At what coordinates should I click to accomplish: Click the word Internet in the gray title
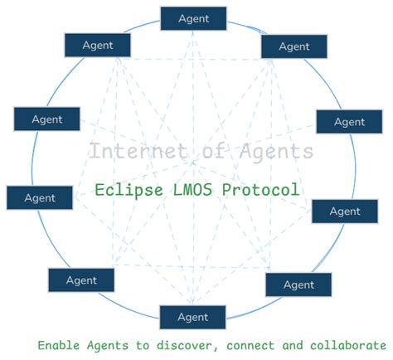point(126,152)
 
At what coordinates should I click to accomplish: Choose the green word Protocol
point(259,190)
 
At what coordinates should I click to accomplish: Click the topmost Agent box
point(192,17)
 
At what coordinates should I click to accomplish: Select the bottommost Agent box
point(192,317)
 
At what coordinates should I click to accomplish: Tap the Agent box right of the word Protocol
point(344,212)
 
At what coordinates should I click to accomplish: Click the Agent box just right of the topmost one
point(294,46)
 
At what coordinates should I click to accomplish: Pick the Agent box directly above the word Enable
point(81,280)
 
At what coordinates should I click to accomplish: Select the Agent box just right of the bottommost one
point(298,285)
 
